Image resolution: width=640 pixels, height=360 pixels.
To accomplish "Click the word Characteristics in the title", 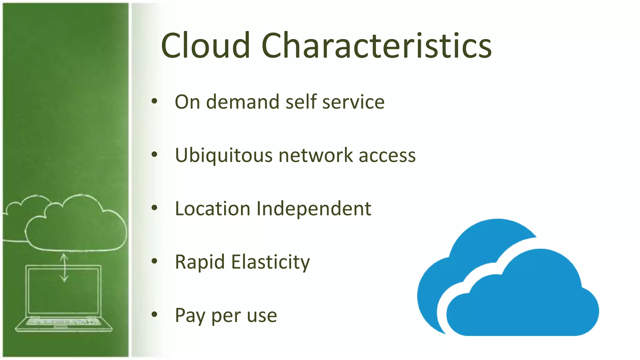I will pyautogui.click(x=377, y=46).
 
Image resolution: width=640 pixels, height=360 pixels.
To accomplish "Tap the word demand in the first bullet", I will pyautogui.click(x=242, y=102).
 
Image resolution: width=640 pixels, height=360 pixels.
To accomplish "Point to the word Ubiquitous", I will pyautogui.click(x=224, y=155).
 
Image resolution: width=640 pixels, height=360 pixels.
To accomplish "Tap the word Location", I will pyautogui.click(x=212, y=208).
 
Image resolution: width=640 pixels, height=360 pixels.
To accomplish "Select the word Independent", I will pyautogui.click(x=314, y=208).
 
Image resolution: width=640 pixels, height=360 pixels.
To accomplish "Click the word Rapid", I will pyautogui.click(x=200, y=262).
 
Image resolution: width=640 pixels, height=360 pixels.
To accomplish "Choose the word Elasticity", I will pyautogui.click(x=271, y=262).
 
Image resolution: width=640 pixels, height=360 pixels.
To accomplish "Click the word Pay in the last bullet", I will pyautogui.click(x=190, y=316).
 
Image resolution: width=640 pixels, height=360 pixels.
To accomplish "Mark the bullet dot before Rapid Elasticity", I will pyautogui.click(x=154, y=261).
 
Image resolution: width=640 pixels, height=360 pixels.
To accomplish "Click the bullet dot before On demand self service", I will pyautogui.click(x=154, y=101).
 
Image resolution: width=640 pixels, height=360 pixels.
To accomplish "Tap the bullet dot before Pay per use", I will pyautogui.click(x=154, y=314).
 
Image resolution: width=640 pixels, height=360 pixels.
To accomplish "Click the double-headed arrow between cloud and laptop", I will pyautogui.click(x=64, y=268).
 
